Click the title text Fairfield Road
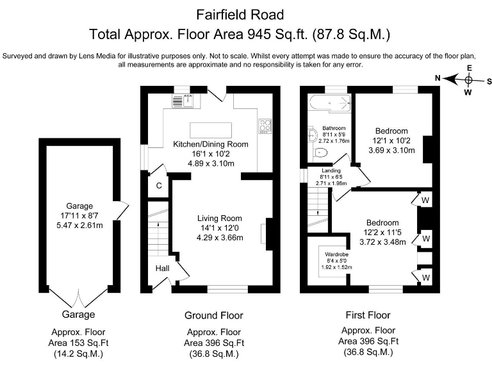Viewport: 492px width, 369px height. (x=240, y=13)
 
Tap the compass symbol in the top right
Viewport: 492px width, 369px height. (x=469, y=80)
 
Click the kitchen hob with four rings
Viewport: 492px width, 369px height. (x=265, y=126)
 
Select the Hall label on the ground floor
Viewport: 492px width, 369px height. (x=162, y=268)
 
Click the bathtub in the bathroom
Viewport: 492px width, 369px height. (x=329, y=103)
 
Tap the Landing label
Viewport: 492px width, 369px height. (x=331, y=171)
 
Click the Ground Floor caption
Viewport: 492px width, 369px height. (x=213, y=315)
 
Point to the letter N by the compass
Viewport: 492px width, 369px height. (x=438, y=79)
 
